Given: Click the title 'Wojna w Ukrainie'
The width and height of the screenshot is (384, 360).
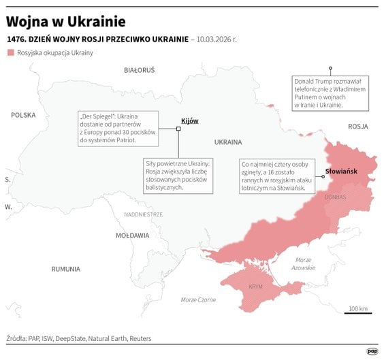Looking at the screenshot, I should click(65, 18).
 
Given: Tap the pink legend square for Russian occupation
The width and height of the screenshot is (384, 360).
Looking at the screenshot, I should click(10, 53).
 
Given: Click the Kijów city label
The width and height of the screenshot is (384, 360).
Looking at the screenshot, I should click(189, 120).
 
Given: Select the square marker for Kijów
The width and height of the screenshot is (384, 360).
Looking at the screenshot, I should click(178, 127).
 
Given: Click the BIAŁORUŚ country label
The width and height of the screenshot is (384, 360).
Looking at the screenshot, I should click(139, 70).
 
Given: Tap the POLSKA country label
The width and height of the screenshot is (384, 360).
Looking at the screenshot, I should click(23, 116).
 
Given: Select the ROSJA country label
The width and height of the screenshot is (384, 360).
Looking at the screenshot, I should click(357, 127).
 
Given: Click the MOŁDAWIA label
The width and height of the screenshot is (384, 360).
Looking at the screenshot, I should click(132, 235).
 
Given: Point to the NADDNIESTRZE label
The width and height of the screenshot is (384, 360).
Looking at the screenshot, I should click(143, 214).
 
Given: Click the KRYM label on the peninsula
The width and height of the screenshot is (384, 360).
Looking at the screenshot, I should click(255, 287).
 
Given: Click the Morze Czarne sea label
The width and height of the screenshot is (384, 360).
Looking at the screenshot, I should click(198, 300).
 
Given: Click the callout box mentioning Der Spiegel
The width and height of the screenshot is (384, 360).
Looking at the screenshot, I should click(118, 129).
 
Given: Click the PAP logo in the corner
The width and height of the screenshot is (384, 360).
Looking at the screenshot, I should click(372, 350).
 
